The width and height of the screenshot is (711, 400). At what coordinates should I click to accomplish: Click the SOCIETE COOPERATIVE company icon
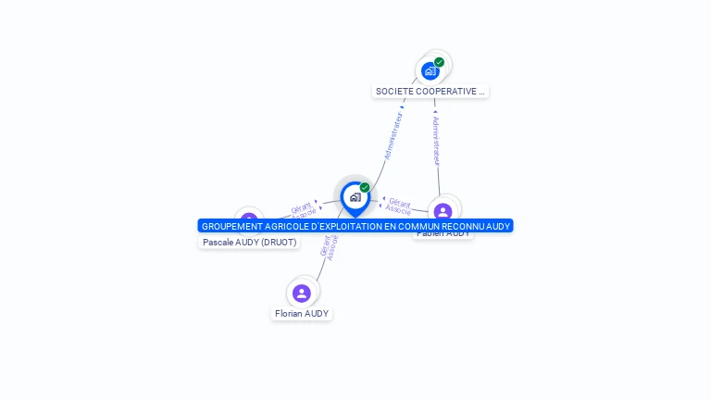[430, 70]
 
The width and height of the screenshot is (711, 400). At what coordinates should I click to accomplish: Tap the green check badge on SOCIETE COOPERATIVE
[439, 62]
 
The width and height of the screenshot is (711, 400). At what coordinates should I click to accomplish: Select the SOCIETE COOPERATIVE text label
[430, 92]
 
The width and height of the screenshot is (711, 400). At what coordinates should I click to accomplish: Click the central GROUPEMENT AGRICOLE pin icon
[355, 197]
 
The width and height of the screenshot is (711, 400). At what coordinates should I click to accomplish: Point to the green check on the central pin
[365, 187]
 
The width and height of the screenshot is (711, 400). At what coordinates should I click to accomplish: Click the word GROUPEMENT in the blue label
[231, 226]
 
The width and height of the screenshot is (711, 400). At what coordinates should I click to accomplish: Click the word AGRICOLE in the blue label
[285, 226]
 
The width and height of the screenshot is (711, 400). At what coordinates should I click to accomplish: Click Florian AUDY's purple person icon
[302, 294]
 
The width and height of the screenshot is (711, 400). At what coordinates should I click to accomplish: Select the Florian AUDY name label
[302, 314]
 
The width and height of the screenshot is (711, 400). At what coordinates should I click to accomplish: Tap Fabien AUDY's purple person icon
[443, 210]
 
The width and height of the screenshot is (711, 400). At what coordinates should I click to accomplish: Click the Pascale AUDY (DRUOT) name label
[250, 243]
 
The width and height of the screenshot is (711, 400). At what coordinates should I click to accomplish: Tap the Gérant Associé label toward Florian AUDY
[329, 246]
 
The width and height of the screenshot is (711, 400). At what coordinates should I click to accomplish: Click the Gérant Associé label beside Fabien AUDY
[399, 206]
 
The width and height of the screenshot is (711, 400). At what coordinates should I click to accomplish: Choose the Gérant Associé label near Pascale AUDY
[303, 210]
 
